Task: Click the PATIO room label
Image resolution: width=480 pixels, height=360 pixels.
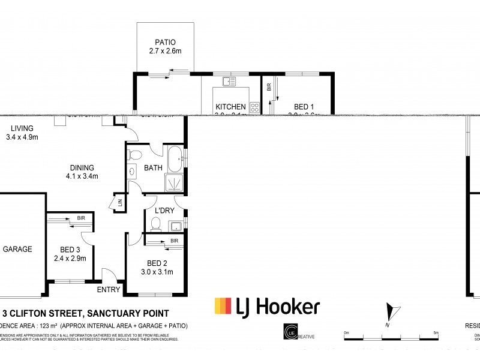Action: click(165, 43)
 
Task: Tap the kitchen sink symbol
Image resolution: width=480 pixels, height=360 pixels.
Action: click(228, 81)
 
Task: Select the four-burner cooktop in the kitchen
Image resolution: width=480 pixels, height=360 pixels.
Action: click(254, 108)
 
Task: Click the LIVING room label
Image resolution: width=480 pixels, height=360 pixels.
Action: click(21, 128)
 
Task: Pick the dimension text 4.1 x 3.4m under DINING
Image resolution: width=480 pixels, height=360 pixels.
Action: click(82, 176)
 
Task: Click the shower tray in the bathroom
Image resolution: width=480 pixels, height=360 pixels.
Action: click(175, 184)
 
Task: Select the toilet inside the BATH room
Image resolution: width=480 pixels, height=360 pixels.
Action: click(134, 155)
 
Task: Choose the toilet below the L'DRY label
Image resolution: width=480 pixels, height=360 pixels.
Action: click(156, 224)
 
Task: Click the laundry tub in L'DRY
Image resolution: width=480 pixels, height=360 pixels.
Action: click(175, 226)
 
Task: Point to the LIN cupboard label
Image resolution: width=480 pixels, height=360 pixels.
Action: click(120, 203)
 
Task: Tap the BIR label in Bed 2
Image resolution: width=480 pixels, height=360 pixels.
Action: click(174, 241)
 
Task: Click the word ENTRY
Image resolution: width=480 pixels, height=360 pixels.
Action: click(109, 290)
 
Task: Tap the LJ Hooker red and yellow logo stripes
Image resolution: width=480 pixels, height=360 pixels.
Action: click(223, 307)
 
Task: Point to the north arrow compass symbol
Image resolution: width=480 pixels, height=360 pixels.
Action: click(391, 313)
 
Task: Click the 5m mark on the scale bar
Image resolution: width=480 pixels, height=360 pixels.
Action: click(436, 333)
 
